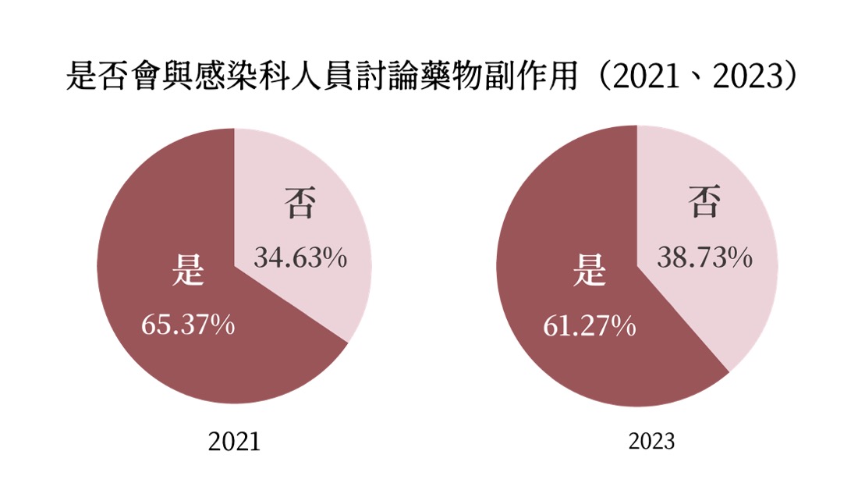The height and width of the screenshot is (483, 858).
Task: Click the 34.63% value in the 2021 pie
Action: coord(300,258)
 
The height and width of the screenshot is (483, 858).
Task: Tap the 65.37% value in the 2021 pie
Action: coord(188,324)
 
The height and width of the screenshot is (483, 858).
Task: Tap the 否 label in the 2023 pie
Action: coord(704,204)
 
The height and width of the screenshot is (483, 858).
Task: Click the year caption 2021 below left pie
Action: coord(234,442)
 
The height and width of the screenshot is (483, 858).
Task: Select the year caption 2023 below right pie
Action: coord(652,442)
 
